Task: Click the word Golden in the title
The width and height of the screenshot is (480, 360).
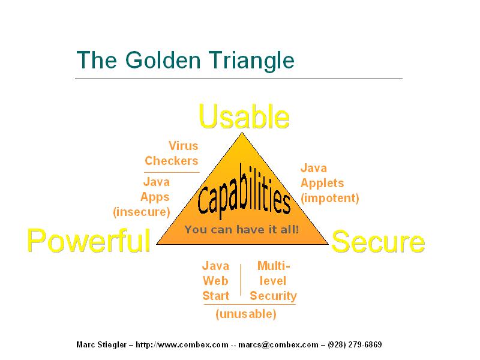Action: tap(163, 60)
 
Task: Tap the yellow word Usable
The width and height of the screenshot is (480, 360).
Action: tap(244, 116)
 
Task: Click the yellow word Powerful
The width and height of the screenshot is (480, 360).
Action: tap(89, 241)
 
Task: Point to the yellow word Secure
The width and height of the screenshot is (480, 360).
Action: tap(378, 242)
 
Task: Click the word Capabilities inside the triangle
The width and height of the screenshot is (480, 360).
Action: tap(244, 191)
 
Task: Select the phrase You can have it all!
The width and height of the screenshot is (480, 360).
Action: tap(242, 229)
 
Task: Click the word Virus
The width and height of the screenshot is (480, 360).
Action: tap(184, 146)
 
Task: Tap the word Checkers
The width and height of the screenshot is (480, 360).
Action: tap(172, 161)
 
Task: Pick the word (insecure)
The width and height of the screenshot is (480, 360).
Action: tap(142, 212)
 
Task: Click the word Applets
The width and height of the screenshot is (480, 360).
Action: tap(322, 184)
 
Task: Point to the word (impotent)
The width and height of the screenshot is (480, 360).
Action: tap(329, 198)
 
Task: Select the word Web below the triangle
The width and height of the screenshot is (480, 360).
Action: tap(215, 281)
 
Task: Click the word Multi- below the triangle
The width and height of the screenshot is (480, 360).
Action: tap(274, 266)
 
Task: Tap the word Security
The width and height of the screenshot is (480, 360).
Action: tap(274, 296)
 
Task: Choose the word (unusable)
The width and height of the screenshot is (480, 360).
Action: tap(246, 314)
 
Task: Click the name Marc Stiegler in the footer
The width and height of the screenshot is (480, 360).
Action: tap(101, 344)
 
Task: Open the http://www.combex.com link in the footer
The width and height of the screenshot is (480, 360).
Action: tap(182, 344)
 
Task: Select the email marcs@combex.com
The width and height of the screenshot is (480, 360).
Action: tap(278, 344)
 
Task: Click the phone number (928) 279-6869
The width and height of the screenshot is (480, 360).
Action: tap(355, 344)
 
